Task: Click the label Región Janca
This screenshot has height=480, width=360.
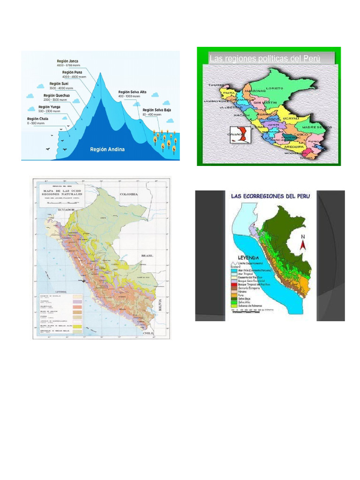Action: tap(67, 61)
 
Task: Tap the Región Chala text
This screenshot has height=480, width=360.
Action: tap(37, 119)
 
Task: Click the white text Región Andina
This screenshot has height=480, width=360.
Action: tap(107, 150)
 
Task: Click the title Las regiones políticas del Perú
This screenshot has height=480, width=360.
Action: tap(265, 59)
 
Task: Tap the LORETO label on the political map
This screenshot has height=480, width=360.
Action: tap(275, 88)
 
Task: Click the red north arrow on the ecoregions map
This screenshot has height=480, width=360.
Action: tap(303, 242)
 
